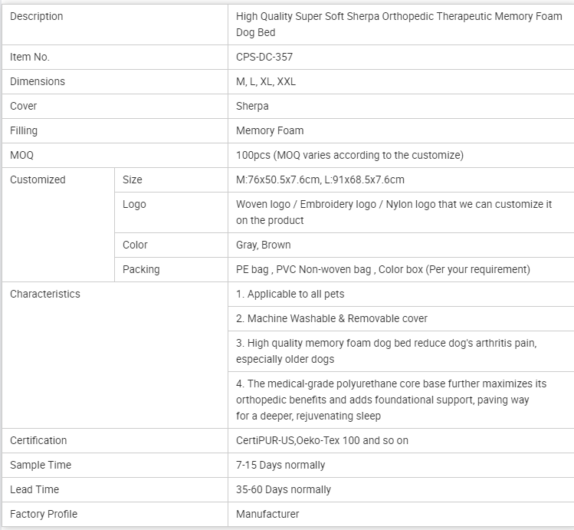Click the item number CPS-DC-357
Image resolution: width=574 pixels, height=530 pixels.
pos(264,57)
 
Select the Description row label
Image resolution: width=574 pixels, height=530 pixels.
pos(37,16)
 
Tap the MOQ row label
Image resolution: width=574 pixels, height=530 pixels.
pos(21,155)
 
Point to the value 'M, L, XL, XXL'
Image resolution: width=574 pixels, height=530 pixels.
pos(266,81)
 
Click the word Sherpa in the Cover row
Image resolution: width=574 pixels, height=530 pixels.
pos(252,106)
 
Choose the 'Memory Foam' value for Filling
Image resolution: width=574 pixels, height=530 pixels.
pos(270,130)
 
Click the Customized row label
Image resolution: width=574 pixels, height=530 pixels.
pos(38,179)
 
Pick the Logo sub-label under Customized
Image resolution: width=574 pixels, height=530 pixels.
pos(134,204)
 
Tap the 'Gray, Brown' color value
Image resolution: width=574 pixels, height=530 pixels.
pos(264,245)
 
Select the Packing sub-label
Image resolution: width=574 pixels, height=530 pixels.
pos(141,269)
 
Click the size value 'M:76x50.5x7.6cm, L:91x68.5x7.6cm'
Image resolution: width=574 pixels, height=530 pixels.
pos(320,179)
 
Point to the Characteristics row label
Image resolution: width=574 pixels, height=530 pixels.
pos(44,294)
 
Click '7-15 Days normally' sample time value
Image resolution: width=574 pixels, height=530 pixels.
pos(280,465)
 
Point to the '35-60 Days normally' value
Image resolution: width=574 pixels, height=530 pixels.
pos(284,489)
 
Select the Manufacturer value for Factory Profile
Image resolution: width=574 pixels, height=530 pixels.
pos(267,514)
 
